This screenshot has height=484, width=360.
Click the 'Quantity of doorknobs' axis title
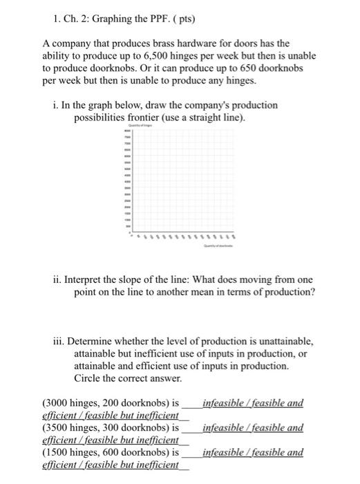[x=218, y=245]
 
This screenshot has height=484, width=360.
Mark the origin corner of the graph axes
[x=133, y=232]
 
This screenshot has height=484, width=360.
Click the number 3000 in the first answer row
[x=57, y=403]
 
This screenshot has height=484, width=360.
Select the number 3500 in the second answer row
[x=57, y=428]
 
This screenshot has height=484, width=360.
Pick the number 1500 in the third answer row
[x=57, y=452]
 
